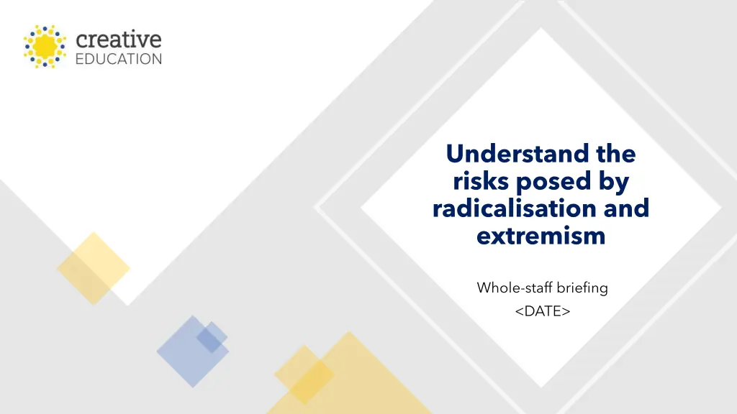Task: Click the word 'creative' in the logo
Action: tap(118, 40)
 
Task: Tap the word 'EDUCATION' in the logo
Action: tap(119, 59)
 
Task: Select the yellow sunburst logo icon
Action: tap(45, 47)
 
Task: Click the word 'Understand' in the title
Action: tap(510, 154)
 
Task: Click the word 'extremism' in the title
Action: tap(541, 235)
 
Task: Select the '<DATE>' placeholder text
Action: tap(543, 310)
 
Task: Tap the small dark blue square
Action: tap(212, 337)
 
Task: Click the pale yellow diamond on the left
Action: tap(93, 268)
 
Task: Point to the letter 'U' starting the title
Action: tap(453, 154)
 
